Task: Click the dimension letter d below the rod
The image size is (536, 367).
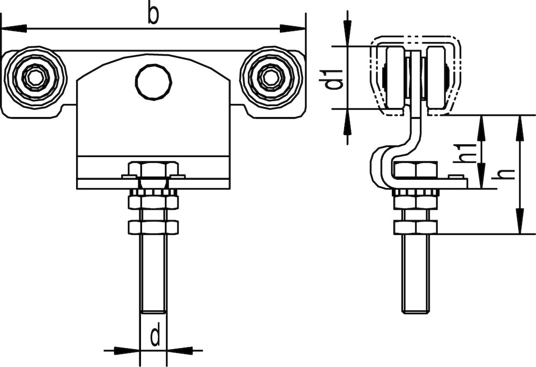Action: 154,336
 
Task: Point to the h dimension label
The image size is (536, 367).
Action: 506,174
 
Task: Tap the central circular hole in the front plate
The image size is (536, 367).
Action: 153,82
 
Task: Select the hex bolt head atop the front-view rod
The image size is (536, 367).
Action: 153,170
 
